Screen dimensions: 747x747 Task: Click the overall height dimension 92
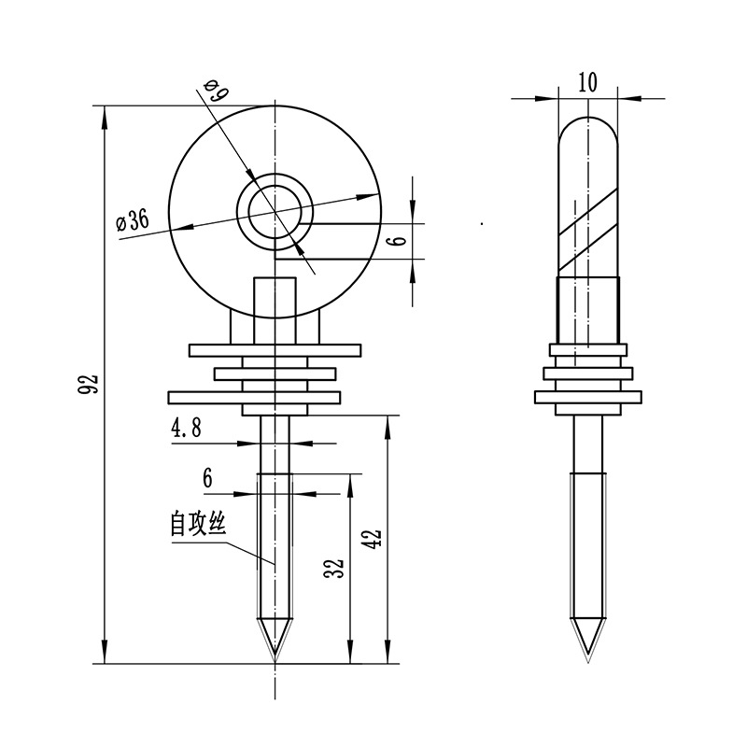click(89, 384)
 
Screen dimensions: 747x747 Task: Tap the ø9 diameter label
click(214, 91)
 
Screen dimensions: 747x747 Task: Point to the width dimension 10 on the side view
click(587, 82)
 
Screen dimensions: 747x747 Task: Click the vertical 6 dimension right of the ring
click(399, 240)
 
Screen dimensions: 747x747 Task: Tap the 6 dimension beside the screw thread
click(207, 478)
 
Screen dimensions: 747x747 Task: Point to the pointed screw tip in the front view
click(275, 644)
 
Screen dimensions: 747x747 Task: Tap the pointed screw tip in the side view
click(587, 644)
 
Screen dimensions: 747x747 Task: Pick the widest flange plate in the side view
click(587, 396)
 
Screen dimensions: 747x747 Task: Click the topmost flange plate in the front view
click(275, 350)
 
